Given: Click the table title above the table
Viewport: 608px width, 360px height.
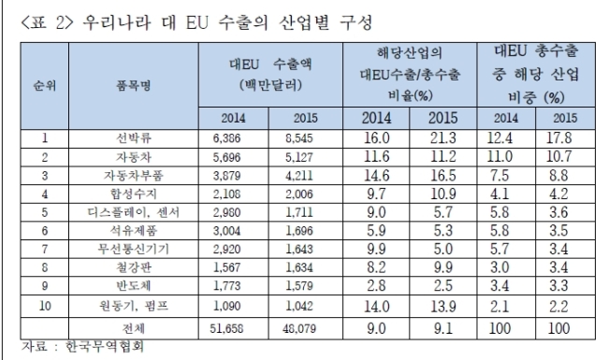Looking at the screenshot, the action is (x=195, y=22).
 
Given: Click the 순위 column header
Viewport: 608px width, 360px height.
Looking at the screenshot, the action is (x=45, y=85).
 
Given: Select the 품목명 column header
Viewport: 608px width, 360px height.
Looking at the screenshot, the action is (x=134, y=85).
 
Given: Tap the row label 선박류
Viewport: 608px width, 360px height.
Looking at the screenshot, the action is (x=134, y=138).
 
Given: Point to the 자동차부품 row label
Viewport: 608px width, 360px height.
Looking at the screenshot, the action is (x=134, y=176).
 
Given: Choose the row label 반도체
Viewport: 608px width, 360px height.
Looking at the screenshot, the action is (x=134, y=285).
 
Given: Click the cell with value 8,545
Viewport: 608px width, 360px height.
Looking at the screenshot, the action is (x=299, y=138).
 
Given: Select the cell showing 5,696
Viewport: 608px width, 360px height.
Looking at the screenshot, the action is (x=227, y=157).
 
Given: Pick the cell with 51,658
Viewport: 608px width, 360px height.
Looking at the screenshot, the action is (x=227, y=328).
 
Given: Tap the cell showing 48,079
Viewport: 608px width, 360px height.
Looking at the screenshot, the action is (x=299, y=328).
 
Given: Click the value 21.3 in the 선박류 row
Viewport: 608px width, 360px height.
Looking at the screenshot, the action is (x=442, y=138).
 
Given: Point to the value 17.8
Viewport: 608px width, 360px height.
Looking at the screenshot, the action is (x=558, y=138).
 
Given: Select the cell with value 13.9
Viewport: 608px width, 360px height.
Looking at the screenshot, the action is (x=442, y=307).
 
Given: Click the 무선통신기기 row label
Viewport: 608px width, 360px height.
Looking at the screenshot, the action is (x=134, y=249).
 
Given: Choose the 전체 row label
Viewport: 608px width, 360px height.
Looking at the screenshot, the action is (x=134, y=328).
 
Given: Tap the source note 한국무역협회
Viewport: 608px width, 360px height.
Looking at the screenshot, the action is (x=105, y=346).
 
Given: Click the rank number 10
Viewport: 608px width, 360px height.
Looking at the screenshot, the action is (x=45, y=306).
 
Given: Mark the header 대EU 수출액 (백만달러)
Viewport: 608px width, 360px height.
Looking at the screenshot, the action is (x=270, y=75).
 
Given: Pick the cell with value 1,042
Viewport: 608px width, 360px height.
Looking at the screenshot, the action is (x=299, y=306).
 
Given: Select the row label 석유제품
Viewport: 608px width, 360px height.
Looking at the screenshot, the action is (x=134, y=231).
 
